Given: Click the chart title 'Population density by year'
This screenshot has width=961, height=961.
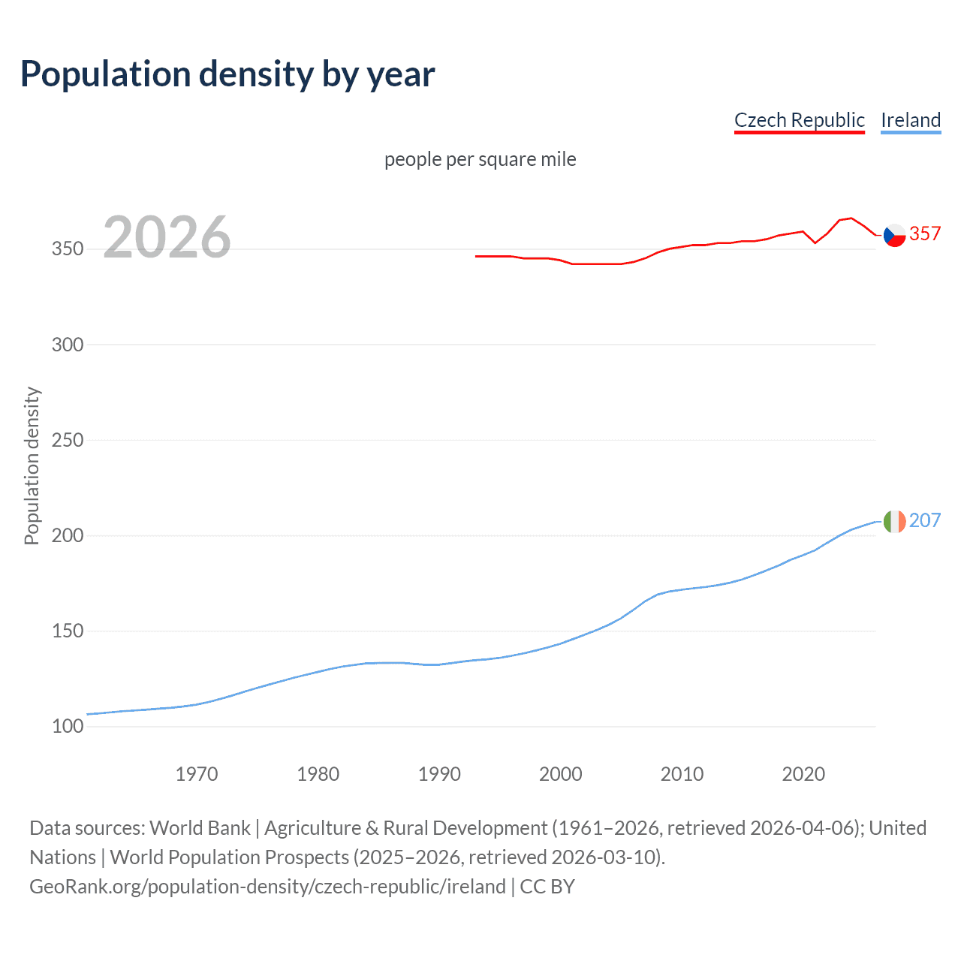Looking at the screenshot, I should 227,74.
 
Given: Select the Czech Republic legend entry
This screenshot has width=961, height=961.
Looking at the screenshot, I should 799,120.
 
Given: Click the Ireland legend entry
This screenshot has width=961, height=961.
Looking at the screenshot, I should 911,120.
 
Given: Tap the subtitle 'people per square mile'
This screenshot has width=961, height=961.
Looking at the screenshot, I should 480,160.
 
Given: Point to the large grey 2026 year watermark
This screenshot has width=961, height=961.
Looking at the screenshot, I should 167,237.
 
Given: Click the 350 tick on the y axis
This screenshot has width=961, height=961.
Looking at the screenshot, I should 68,249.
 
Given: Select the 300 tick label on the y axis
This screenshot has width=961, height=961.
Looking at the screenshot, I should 68,345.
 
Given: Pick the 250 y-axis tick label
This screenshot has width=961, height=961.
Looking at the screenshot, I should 68,440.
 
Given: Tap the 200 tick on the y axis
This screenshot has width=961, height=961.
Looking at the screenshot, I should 68,535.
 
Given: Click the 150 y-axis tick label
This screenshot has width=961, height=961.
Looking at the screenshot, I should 68,631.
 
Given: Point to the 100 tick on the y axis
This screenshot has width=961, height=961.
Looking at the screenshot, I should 68,726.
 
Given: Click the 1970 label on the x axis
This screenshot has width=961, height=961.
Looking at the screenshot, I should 197,774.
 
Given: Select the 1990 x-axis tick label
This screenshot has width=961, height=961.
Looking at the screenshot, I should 439,774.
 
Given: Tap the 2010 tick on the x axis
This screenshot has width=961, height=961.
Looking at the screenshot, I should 682,774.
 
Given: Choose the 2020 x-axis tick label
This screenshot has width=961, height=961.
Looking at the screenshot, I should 803,774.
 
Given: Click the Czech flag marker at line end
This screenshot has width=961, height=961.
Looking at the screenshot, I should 894,235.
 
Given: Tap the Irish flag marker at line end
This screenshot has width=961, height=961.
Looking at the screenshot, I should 894,521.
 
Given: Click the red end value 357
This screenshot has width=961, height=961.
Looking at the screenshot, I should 925,234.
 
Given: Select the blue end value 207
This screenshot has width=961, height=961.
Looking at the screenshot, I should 925,520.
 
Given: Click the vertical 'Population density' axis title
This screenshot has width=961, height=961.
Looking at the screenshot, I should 32,465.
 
